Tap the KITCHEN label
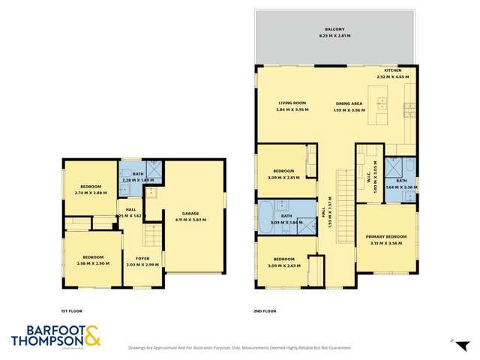click(x=394, y=70)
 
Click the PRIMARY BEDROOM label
click(x=386, y=237)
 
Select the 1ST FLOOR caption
click(x=71, y=308)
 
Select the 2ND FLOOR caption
click(x=265, y=308)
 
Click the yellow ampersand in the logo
click(x=91, y=336)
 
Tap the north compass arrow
click(x=452, y=341)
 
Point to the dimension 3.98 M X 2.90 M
click(x=92, y=263)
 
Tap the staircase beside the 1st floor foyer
click(x=153, y=238)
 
